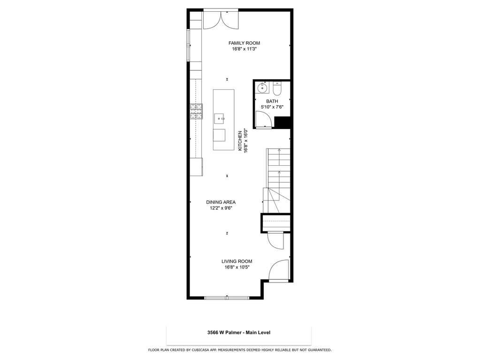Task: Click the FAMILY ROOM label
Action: tap(244, 43)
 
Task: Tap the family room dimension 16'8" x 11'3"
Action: tap(244, 49)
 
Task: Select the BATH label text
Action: tap(272, 101)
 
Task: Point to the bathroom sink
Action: tap(262, 88)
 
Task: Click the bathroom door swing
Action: tap(264, 119)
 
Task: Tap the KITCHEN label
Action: tap(240, 141)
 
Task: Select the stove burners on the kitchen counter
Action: tap(196, 111)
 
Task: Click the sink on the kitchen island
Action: tap(219, 118)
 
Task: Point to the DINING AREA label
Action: tap(221, 202)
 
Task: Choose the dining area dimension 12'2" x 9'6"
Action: tap(221, 208)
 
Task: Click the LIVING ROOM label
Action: tap(237, 261)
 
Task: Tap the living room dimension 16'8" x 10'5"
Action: tap(237, 267)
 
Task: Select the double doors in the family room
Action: tap(221, 20)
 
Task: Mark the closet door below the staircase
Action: tap(275, 241)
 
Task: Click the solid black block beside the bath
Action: tap(282, 123)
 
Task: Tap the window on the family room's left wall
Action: tap(189, 46)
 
